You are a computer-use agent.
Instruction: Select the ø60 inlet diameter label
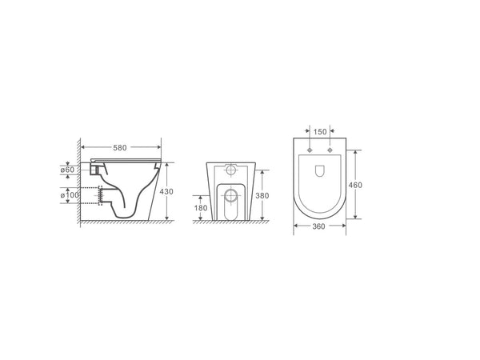pyautogui.click(x=67, y=170)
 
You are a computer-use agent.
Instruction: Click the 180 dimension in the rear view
pyautogui.click(x=200, y=208)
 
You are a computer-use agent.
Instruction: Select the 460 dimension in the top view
pyautogui.click(x=358, y=185)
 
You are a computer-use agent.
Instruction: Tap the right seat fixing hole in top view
pyautogui.click(x=329, y=150)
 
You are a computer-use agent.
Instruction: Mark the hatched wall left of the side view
pyautogui.click(x=80, y=184)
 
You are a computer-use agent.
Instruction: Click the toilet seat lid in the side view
pyautogui.click(x=128, y=162)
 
